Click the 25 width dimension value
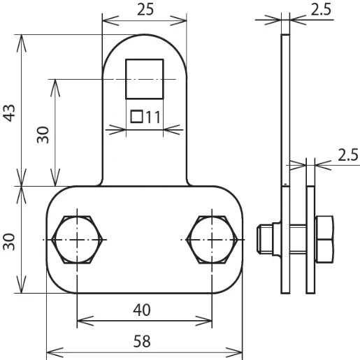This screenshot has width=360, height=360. click(144, 10)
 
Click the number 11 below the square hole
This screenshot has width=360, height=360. click(154, 117)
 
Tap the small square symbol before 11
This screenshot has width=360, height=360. click(137, 117)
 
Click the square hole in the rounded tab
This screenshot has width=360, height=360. click(145, 79)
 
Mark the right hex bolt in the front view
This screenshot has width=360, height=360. click(212, 239)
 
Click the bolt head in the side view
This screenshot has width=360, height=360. click(326, 239)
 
